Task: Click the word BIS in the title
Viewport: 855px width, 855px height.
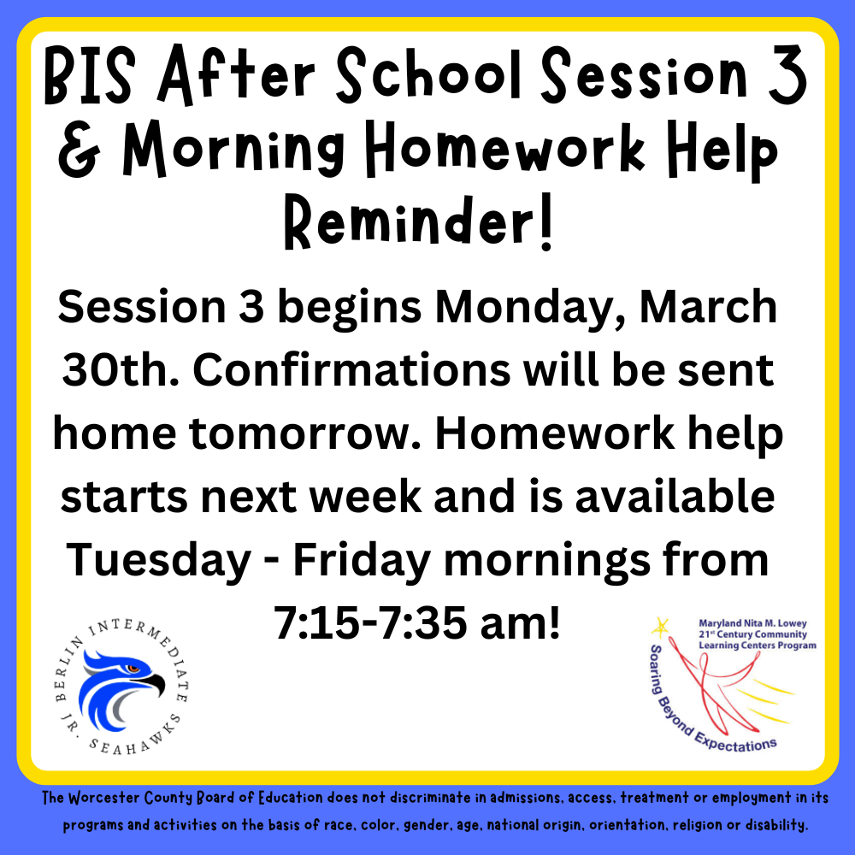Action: pos(90,75)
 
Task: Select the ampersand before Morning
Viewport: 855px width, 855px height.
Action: pos(80,149)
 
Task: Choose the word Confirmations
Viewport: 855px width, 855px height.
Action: pos(351,370)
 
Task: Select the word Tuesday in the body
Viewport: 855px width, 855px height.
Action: pos(159,562)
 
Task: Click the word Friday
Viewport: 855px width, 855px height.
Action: pos(362,562)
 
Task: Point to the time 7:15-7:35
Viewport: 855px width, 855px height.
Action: pos(370,623)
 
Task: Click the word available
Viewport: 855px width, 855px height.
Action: pos(675,497)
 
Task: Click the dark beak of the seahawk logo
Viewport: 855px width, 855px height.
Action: pos(152,682)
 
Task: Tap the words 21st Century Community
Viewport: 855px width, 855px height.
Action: pos(752,634)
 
